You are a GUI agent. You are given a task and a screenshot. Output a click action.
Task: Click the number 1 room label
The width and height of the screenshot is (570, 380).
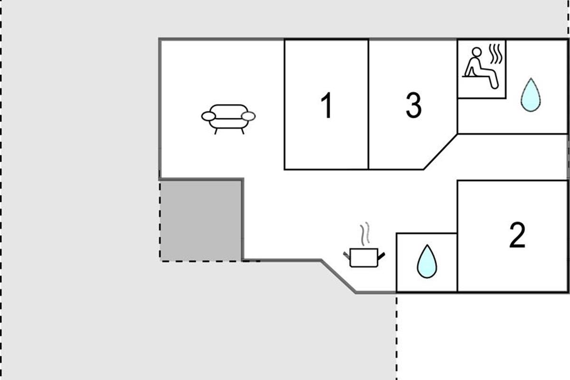pos(326,105)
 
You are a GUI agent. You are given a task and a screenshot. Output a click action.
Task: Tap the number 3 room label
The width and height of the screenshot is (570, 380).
pos(414,105)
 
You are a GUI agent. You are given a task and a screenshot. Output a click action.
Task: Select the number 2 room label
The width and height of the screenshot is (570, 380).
pos(517,235)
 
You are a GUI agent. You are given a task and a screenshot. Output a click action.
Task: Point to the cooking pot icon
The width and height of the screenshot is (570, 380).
pos(364,257)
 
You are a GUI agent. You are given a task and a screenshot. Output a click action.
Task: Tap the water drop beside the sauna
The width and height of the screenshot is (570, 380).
pos(530,95)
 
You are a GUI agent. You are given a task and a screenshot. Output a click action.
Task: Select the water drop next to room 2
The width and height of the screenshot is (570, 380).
pos(427,261)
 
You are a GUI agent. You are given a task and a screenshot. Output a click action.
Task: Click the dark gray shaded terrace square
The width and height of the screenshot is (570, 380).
pos(201,220)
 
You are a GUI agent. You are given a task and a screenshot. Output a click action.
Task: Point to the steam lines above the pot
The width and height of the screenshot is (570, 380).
pos(364,234)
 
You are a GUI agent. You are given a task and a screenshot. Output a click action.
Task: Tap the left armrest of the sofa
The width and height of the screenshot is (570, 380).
pos(208,116)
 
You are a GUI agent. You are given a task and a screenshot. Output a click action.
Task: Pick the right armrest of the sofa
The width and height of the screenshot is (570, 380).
pos(249,116)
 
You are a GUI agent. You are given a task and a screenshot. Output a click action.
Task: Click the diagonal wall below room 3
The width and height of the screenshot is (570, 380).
pos(440,152)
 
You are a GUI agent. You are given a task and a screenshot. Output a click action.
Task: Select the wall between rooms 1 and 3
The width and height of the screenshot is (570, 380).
pos(369,104)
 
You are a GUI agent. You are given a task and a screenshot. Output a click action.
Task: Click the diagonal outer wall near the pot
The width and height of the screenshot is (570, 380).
pos(338,276)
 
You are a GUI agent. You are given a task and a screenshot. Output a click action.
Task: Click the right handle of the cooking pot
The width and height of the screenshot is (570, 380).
pos(381,256)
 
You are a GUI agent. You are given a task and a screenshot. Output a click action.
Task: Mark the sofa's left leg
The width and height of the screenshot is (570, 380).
pos(216,131)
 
